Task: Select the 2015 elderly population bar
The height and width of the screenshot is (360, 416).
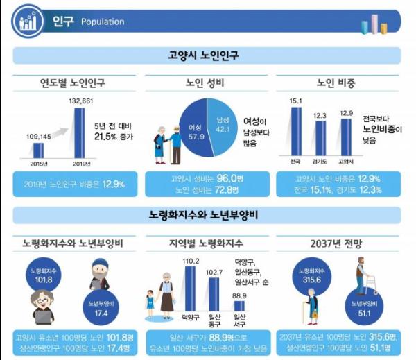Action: (38, 150)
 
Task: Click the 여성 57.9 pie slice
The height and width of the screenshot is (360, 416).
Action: (191, 129)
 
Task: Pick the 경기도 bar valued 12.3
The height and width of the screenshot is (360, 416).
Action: (320, 139)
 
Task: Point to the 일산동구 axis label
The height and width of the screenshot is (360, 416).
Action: (214, 321)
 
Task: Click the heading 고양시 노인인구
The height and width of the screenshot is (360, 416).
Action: (208, 54)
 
